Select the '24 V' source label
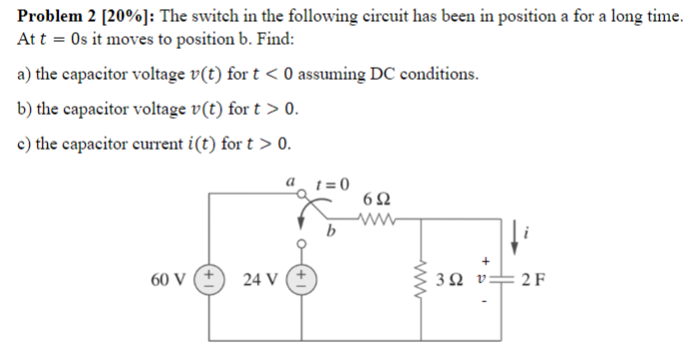point(258,276)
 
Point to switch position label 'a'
point(289,182)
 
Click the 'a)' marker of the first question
point(26,74)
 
